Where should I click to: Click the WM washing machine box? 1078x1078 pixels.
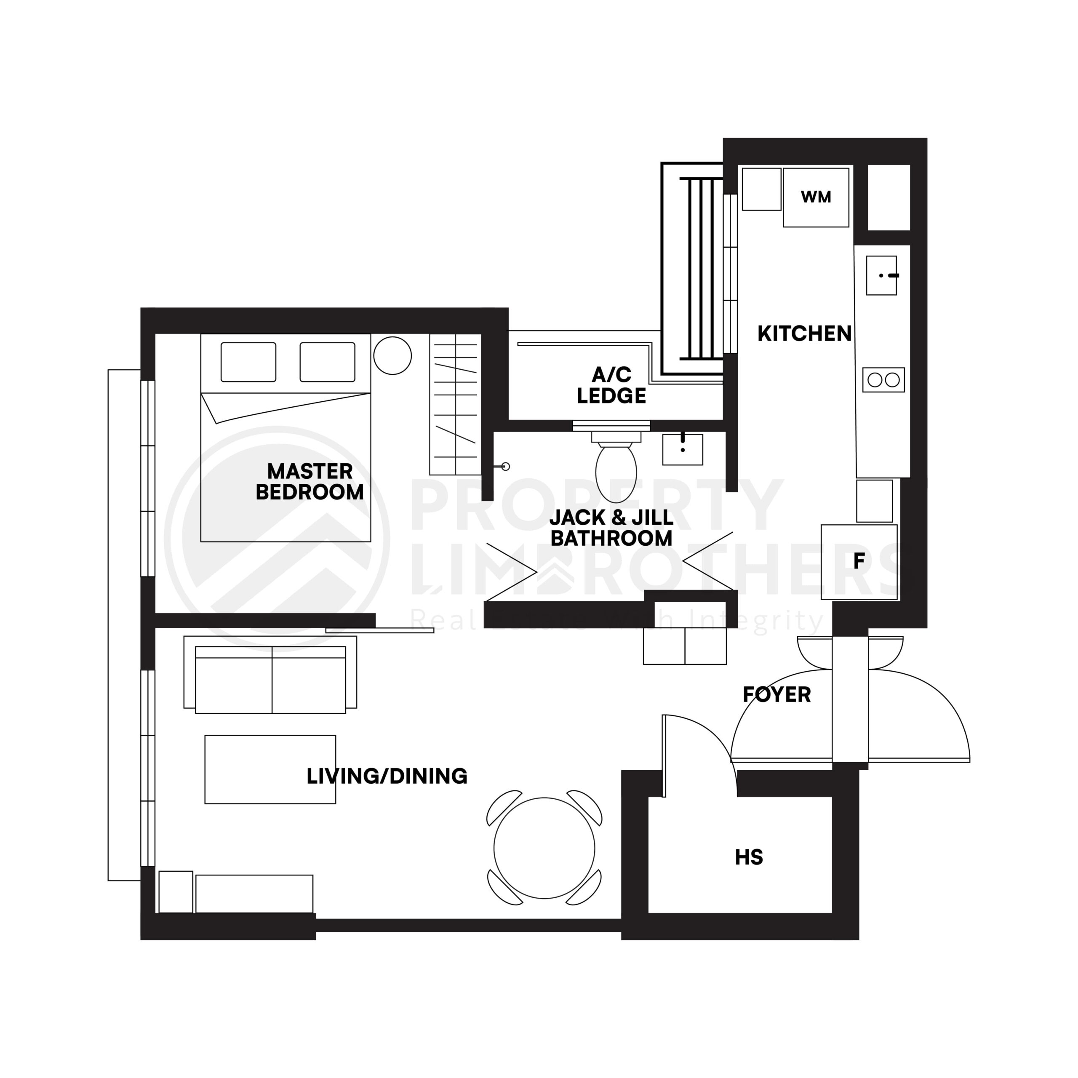tap(816, 197)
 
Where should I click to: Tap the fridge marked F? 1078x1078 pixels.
tap(859, 562)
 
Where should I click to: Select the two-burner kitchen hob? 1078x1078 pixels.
tap(883, 380)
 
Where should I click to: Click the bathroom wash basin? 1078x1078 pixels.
tap(683, 449)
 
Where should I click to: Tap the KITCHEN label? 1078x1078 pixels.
tap(804, 334)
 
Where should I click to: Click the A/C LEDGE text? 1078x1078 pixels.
tap(611, 385)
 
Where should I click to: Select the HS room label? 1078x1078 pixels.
tap(748, 857)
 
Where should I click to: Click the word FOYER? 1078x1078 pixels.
tap(776, 695)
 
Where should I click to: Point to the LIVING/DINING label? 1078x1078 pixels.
tap(387, 776)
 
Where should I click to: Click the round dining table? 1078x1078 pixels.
tap(544, 848)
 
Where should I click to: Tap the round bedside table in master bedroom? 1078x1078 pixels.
tap(392, 355)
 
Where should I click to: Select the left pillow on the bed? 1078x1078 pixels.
tap(248, 362)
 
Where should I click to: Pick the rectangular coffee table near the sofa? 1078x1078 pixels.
tap(270, 769)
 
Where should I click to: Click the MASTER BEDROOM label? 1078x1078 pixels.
tap(310, 482)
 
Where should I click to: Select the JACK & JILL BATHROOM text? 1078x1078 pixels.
tap(611, 528)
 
